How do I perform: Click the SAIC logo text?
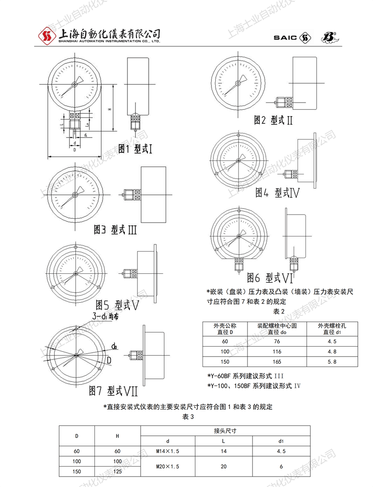pyautogui.click(x=286, y=37)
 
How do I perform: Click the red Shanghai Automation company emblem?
pyautogui.click(x=45, y=35)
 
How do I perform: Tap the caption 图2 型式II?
pyautogui.click(x=273, y=120)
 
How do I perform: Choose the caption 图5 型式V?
pyautogui.click(x=117, y=304)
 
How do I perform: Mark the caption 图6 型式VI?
pyautogui.click(x=271, y=277)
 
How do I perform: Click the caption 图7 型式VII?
pyautogui.click(x=113, y=391)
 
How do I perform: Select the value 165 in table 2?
pyautogui.click(x=277, y=362)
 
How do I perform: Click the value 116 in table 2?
pyautogui.click(x=277, y=351)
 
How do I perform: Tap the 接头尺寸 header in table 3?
pyautogui.click(x=225, y=431)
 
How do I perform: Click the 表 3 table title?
pyautogui.click(x=188, y=416)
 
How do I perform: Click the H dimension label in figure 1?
pyautogui.click(x=109, y=109)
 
